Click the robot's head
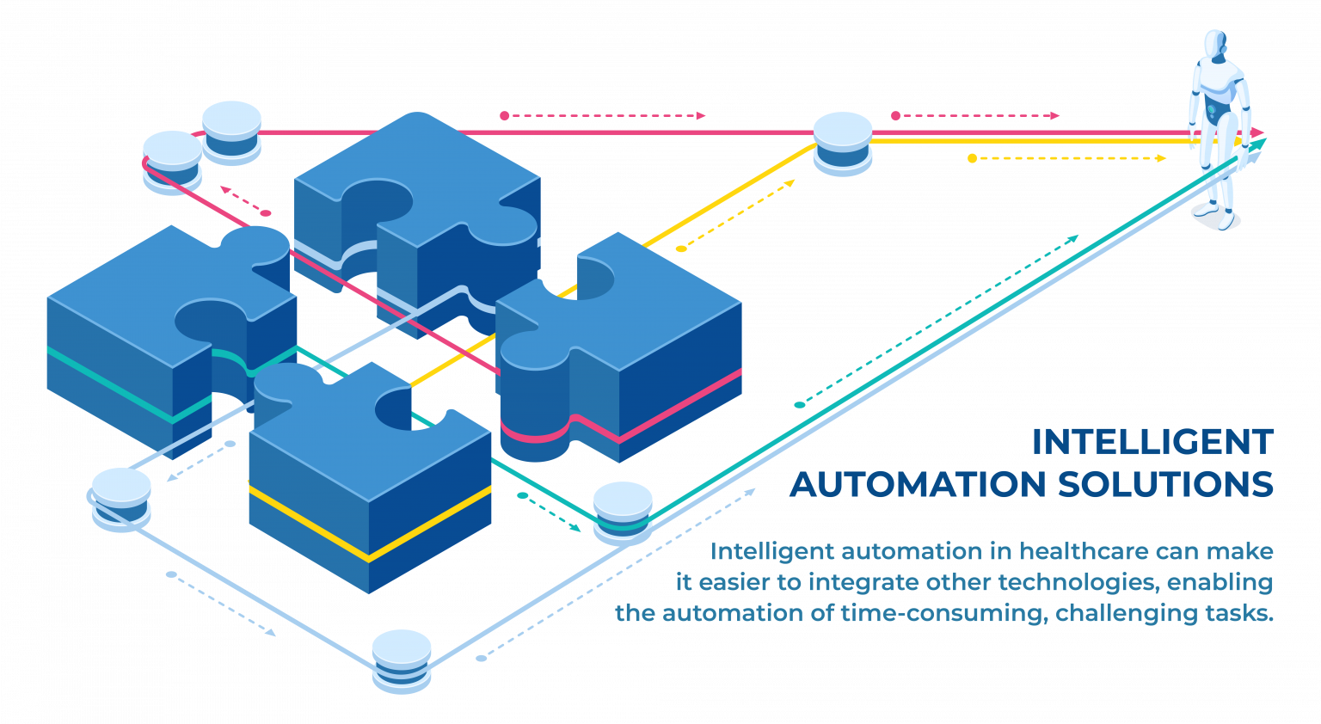[x=1214, y=46]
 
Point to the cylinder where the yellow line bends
[x=843, y=144]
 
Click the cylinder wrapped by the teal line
[x=623, y=512]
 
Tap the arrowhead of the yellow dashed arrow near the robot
[x=1162, y=158]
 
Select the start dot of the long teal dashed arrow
[x=799, y=404]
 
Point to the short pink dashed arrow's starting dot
[x=267, y=213]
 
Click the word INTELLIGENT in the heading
[x=1152, y=442]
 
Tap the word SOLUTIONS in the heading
[x=1164, y=484]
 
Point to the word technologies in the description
[x=1078, y=582]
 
